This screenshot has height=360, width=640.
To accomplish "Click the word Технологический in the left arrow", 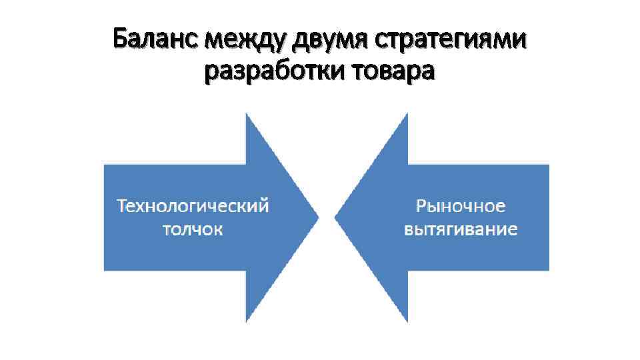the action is tap(193, 205).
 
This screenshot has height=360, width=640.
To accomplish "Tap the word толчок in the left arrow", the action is tap(193, 230).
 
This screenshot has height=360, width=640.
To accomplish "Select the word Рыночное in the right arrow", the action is tap(461, 205).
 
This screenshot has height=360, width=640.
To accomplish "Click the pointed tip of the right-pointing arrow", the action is tap(318, 217).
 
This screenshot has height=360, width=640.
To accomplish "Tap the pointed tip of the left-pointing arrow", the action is tap(335, 217).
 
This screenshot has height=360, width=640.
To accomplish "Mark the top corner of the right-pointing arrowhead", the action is tap(246, 115).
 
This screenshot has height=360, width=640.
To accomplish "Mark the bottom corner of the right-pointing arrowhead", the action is tap(246, 321).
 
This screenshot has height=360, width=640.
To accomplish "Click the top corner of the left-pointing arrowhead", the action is tap(407, 115).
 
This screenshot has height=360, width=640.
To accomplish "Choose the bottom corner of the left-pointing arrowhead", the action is tap(407, 321).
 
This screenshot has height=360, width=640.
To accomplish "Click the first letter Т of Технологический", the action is tap(123, 205).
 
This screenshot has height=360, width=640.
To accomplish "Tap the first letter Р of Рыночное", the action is tap(421, 205).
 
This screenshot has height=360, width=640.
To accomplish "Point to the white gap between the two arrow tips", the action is tap(327, 217).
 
